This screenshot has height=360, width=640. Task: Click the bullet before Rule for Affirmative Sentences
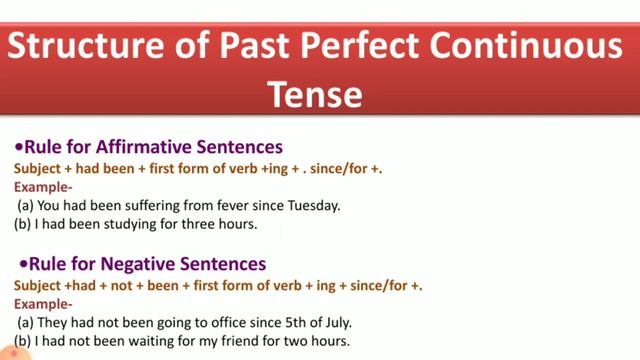point(19,147)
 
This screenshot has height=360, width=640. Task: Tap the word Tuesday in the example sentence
point(312,205)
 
